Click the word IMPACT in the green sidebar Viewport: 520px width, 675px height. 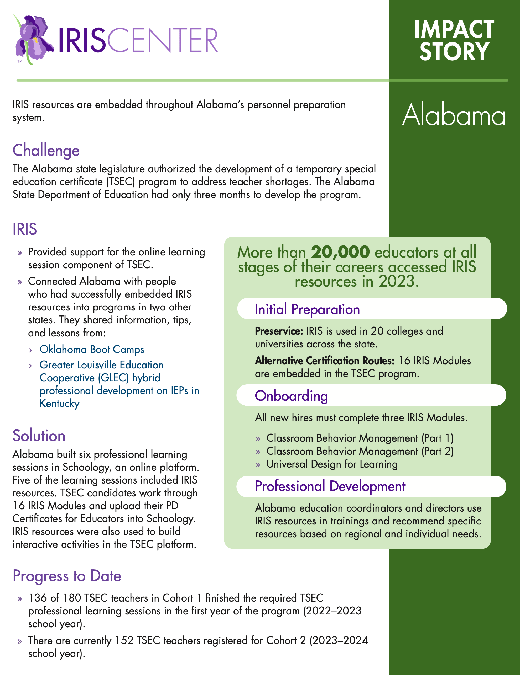click(454, 30)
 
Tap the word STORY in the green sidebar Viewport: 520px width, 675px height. click(454, 52)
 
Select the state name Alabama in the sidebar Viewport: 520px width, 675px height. click(454, 115)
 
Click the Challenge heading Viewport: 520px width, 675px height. click(46, 151)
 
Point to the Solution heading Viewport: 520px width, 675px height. click(39, 436)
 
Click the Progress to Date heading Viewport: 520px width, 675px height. click(67, 576)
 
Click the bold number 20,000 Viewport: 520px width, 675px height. click(340, 252)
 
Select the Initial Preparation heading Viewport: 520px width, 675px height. click(307, 309)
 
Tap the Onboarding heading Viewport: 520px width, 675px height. click(291, 396)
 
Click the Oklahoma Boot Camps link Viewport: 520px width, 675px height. click(92, 349)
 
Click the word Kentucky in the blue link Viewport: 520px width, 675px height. click(60, 404)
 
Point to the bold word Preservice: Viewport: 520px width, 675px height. click(279, 331)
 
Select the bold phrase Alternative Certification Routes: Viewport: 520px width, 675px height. click(325, 361)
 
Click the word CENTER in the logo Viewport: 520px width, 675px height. click(163, 40)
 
